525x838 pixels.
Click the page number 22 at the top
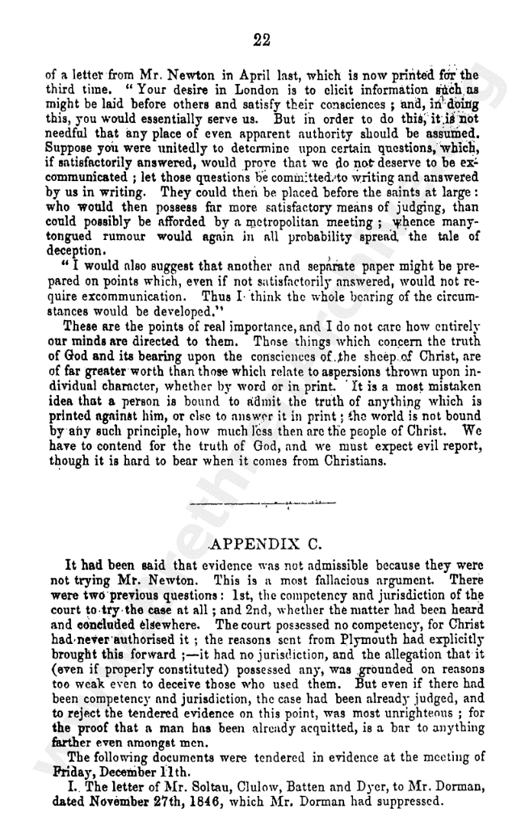coord(260,40)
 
